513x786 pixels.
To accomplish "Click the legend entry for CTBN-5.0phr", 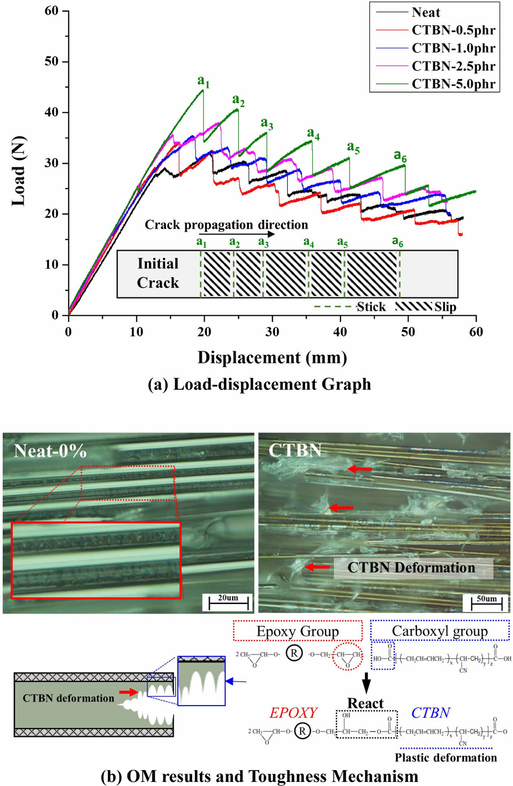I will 453,84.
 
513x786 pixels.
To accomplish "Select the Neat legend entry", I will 425,13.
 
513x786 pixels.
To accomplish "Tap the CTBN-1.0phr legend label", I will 453,48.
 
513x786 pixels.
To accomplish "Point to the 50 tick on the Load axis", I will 52,62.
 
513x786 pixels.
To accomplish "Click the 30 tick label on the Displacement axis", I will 272,332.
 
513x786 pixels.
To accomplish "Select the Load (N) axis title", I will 19,171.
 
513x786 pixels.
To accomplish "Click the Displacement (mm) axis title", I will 272,358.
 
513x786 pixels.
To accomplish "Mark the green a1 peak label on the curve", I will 203,82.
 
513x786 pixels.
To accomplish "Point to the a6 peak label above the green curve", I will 400,156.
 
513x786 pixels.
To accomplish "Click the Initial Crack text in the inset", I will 158,273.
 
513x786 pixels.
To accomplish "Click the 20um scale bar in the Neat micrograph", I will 228,602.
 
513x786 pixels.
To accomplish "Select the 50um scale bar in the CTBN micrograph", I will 487,603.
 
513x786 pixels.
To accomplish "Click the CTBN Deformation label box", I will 413,568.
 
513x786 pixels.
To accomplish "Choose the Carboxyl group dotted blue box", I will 440,631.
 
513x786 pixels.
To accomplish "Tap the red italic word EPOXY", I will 293,713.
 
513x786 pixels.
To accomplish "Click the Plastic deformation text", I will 446,757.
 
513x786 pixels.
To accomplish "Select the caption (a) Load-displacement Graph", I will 259,384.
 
